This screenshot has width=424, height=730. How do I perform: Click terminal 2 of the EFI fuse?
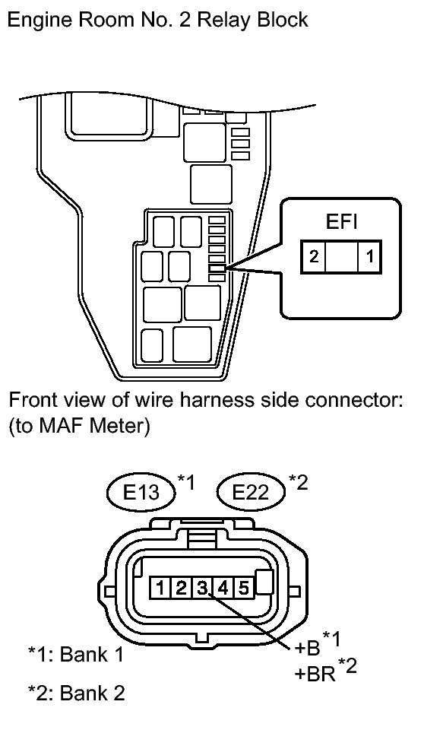click(x=314, y=256)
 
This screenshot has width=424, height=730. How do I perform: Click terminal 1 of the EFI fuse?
click(x=369, y=256)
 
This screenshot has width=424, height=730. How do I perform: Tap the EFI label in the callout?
click(x=341, y=223)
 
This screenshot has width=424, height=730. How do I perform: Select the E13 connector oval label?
click(x=141, y=492)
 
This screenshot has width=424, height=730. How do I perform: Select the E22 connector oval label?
click(x=251, y=492)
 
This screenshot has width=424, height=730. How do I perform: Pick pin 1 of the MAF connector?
click(x=160, y=588)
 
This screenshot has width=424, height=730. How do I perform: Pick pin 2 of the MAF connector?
click(x=181, y=588)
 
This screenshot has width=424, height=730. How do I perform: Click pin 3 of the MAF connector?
click(x=201, y=588)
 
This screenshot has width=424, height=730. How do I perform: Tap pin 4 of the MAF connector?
click(x=223, y=588)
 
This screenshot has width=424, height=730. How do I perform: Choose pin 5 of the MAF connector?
click(x=243, y=588)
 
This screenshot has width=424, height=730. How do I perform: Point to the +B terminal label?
click(x=308, y=648)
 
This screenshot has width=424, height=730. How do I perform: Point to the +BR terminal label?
click(x=315, y=674)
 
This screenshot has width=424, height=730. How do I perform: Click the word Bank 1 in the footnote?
click(x=92, y=654)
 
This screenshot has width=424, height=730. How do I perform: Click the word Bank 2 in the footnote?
click(x=93, y=692)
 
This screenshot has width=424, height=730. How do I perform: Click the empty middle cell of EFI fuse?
click(x=342, y=256)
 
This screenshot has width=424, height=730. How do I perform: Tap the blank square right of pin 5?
click(x=264, y=582)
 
